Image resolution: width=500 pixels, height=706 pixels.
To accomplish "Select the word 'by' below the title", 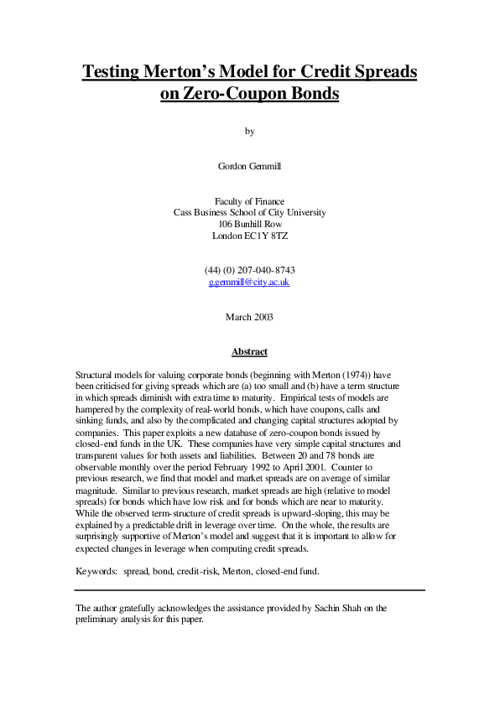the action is [249, 131].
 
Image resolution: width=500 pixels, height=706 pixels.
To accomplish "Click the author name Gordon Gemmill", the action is [249, 166].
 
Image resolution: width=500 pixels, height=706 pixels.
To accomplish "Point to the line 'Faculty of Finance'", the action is [249, 201].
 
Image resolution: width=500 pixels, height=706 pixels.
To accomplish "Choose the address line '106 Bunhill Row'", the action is [249, 225].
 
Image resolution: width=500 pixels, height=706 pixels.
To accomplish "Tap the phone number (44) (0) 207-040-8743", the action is [249, 271].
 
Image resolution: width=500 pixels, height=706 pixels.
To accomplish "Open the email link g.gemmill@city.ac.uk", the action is [249, 283].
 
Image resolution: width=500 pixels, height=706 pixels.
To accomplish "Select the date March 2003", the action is [249, 317].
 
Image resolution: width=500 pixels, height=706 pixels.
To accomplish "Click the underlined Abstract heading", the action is [249, 352].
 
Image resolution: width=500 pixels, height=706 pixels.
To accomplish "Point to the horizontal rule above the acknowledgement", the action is [249, 590].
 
